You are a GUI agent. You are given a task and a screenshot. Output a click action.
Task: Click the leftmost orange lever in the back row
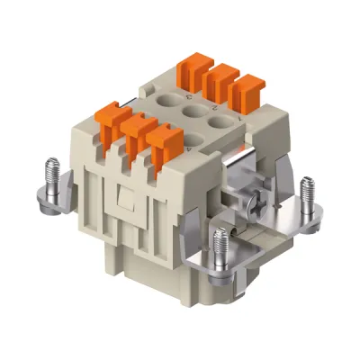193,67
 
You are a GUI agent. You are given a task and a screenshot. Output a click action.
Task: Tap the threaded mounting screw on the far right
306,192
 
